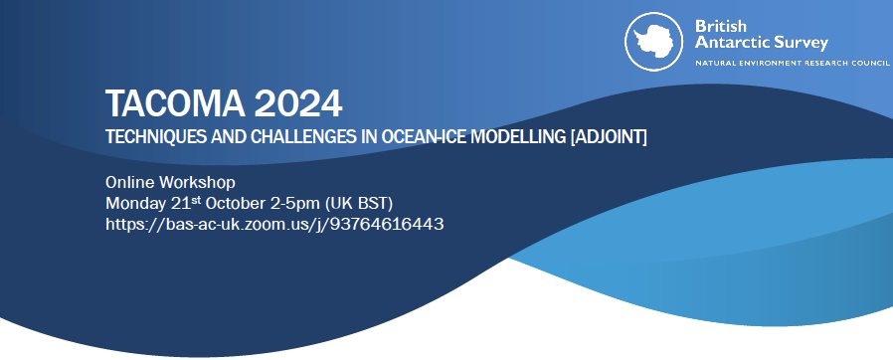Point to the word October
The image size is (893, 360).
pyautogui.click(x=232, y=203)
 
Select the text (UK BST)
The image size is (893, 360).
pyautogui.click(x=361, y=204)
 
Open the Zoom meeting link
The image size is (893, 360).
pyautogui.click(x=274, y=225)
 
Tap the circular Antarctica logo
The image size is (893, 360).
pyautogui.click(x=653, y=42)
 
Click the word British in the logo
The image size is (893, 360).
pyautogui.click(x=720, y=26)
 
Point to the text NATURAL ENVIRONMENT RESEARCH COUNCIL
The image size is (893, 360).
pyautogui.click(x=793, y=62)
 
